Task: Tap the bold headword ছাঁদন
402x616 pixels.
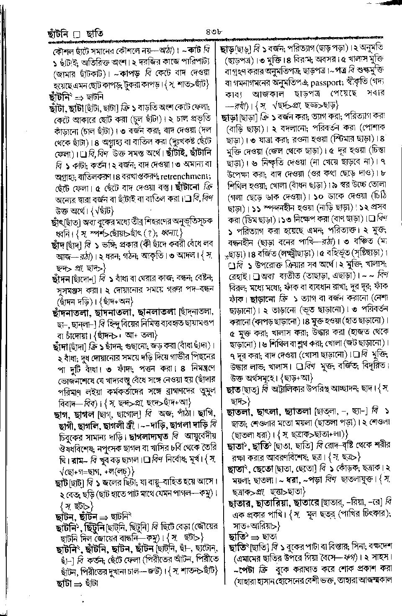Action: pos(59,278)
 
